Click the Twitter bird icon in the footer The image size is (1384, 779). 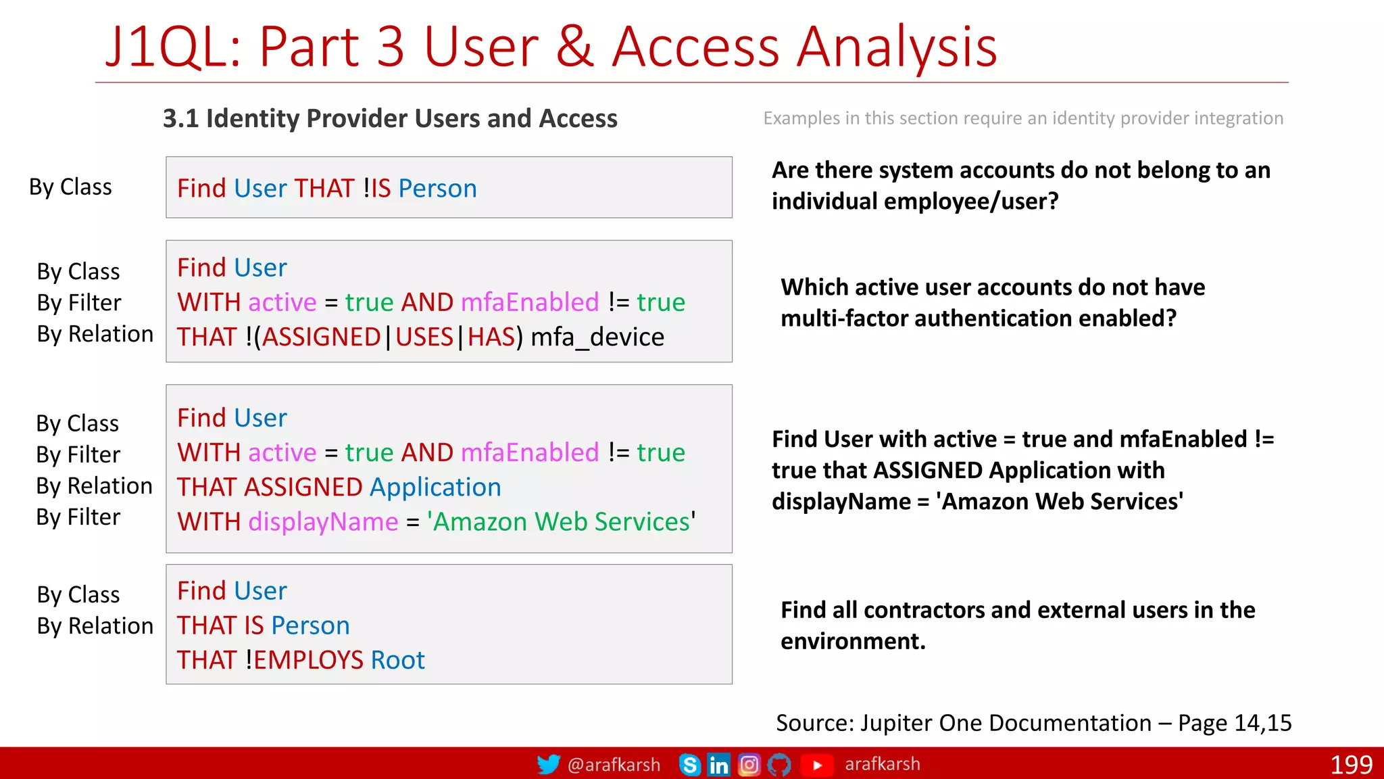click(x=548, y=764)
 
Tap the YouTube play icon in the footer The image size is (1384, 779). click(x=817, y=765)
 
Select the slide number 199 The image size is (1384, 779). click(x=1351, y=765)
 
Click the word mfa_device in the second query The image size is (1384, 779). click(x=597, y=337)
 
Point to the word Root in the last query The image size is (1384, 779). click(x=397, y=660)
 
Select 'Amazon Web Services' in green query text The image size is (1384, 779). click(x=561, y=522)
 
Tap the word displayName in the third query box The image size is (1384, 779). click(x=323, y=522)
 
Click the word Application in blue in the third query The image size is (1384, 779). click(x=435, y=488)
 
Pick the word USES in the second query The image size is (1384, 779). click(x=424, y=337)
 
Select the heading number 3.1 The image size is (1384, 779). click(x=180, y=118)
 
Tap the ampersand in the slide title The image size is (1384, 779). click(x=575, y=47)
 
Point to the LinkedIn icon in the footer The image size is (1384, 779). click(x=718, y=765)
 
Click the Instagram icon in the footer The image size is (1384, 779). click(x=749, y=765)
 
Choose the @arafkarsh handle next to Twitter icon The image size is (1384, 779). click(x=614, y=765)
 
